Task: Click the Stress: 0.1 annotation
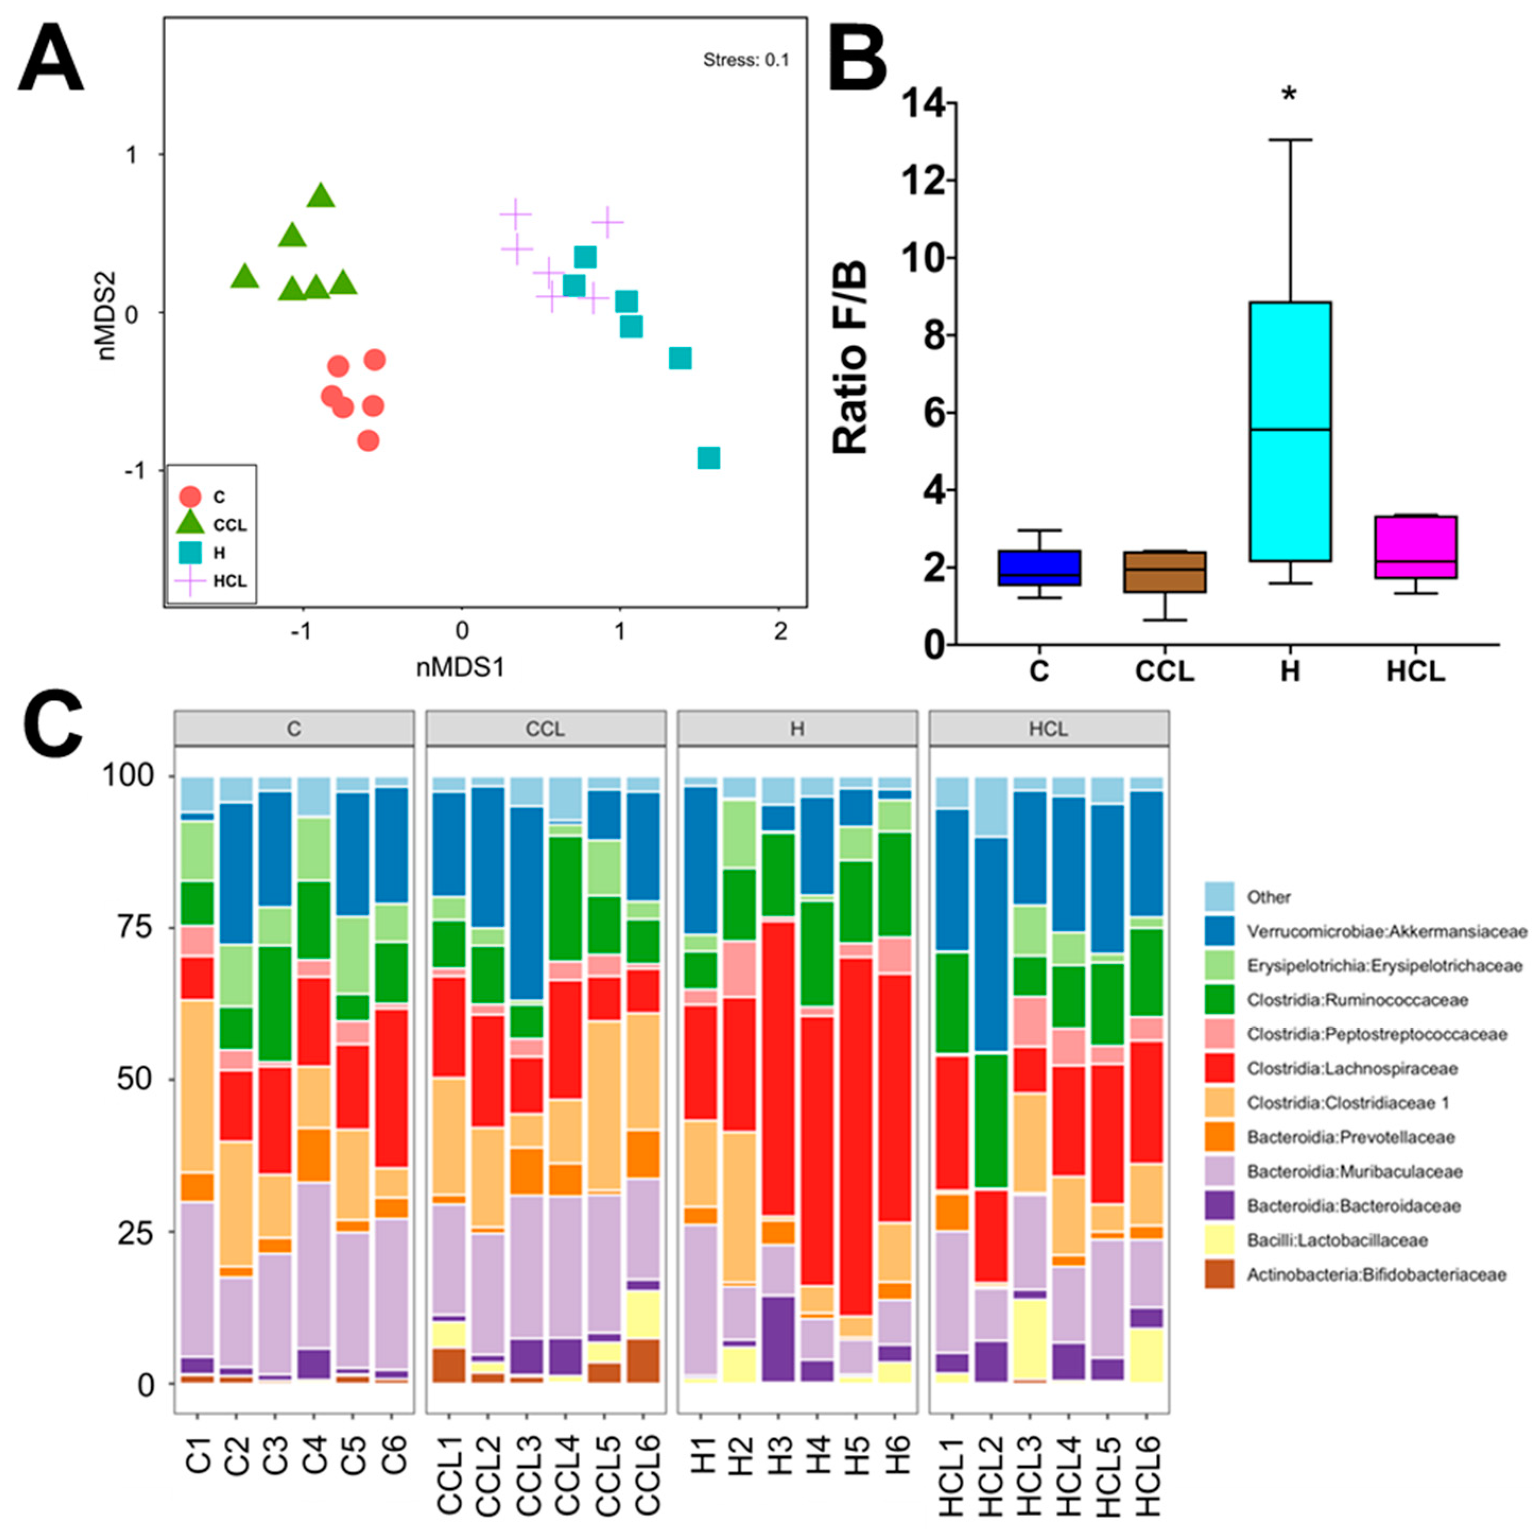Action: pyautogui.click(x=746, y=59)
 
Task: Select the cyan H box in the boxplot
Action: pyautogui.click(x=1289, y=431)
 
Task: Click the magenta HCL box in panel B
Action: pyautogui.click(x=1416, y=547)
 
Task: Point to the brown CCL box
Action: pyautogui.click(x=1165, y=571)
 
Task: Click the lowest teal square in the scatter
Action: pyautogui.click(x=708, y=457)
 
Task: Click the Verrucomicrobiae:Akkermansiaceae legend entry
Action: pyautogui.click(x=1385, y=931)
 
